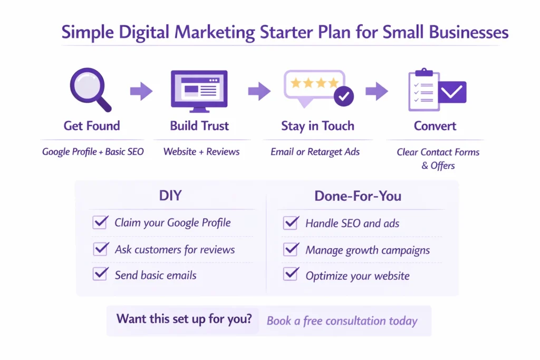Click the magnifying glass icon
pos(90,89)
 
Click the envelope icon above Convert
pos(451,92)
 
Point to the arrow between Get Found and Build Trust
pos(141,91)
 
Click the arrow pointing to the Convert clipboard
pos(377,91)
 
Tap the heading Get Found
pos(92,126)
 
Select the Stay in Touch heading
pos(317,126)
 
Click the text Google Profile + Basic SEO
pos(93,152)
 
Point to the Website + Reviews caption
pos(201,152)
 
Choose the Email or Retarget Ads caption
pos(315,152)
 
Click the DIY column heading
pos(170,196)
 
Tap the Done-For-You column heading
pos(358,196)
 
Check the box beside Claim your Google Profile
pos(100,222)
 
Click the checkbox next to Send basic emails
pos(100,274)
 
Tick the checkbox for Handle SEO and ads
pos(291,222)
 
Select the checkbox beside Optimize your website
pos(291,275)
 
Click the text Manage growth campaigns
pos(368,250)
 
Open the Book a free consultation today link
pos(342,320)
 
